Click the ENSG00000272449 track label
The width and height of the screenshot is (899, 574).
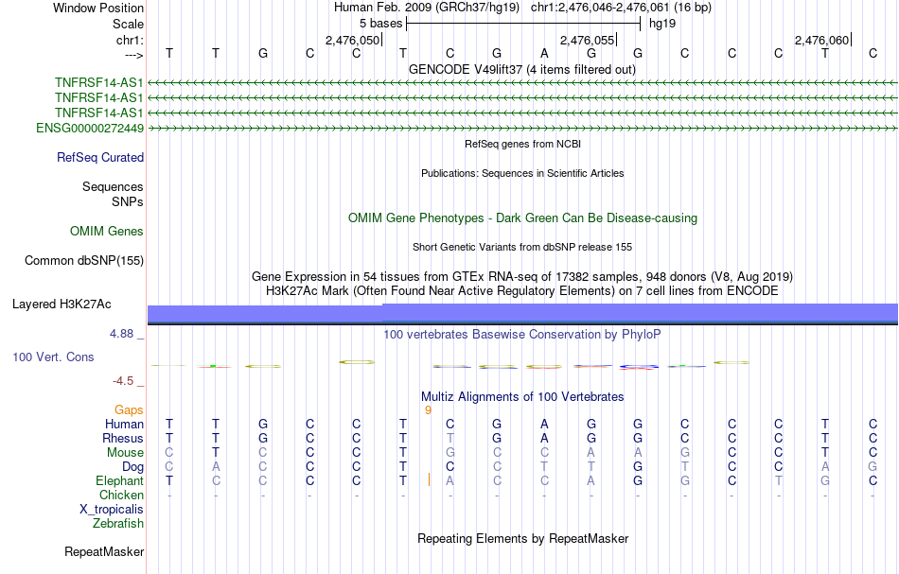point(90,128)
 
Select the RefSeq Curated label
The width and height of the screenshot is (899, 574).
point(100,158)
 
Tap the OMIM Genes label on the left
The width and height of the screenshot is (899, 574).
point(107,232)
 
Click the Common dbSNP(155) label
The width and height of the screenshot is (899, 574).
point(84,260)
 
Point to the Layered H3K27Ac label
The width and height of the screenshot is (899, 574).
point(62,304)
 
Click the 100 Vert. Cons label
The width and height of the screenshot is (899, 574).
point(53,357)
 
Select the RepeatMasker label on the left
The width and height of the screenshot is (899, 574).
point(104,551)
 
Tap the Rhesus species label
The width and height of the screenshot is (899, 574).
point(123,439)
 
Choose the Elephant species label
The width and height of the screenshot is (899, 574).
point(119,481)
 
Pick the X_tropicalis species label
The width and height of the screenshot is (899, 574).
point(112,509)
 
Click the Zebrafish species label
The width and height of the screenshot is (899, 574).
point(118,523)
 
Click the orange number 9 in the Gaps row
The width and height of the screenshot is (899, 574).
point(428,410)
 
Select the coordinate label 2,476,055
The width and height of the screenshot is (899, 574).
point(587,40)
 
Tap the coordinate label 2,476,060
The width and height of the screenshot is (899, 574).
point(821,40)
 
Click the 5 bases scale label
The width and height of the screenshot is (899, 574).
point(380,23)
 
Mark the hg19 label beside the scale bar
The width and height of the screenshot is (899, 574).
point(662,23)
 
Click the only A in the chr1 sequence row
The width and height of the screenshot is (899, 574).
point(544,53)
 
